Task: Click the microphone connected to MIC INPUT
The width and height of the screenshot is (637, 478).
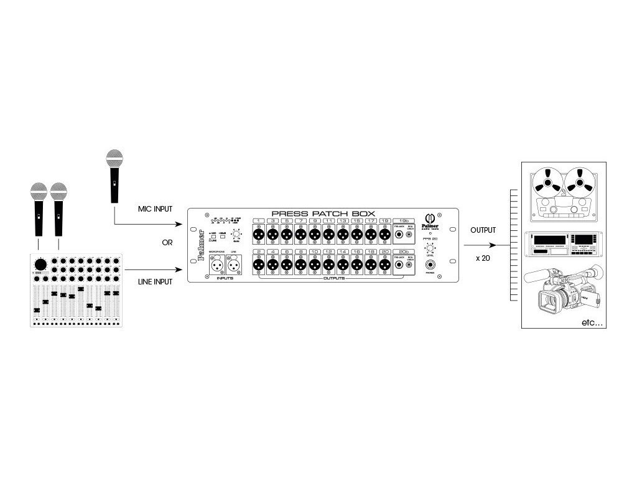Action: (x=113, y=175)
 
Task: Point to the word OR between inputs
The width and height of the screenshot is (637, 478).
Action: (x=167, y=243)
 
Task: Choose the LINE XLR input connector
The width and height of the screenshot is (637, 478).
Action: (x=235, y=266)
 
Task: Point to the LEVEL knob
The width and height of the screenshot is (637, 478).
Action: (x=429, y=248)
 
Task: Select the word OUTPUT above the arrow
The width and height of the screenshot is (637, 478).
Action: (x=483, y=230)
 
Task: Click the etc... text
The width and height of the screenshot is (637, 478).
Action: (x=592, y=322)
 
